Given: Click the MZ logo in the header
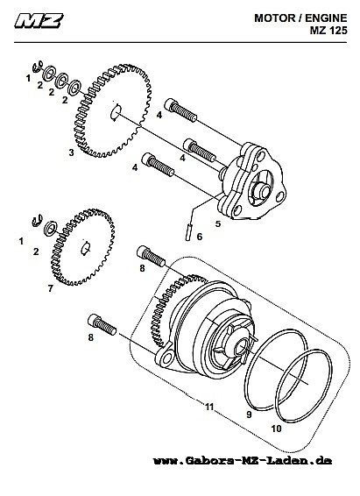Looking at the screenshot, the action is [x=39, y=20].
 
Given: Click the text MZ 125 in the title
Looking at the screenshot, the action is [x=328, y=30].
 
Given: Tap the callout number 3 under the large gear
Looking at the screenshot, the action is [x=72, y=152].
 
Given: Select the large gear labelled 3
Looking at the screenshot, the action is [x=112, y=110].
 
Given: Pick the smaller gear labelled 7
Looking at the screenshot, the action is [x=83, y=247].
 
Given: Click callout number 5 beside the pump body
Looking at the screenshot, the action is [x=218, y=223].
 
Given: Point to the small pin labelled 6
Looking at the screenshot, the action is [x=188, y=232].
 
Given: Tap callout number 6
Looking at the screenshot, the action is [x=200, y=237].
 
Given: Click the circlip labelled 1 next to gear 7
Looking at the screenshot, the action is [x=38, y=221].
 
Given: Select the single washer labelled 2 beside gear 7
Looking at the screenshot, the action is [x=50, y=229].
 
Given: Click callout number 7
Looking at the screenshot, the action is [x=51, y=288].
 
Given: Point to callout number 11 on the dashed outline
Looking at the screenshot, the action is [x=209, y=407].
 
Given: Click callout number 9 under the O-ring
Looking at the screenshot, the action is [x=249, y=415].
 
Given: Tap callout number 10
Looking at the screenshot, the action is [x=276, y=429].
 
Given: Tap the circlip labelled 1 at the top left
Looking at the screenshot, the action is [x=38, y=67].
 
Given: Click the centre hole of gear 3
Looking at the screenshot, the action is [x=116, y=112].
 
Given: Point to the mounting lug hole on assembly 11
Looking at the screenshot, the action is [x=165, y=359].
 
